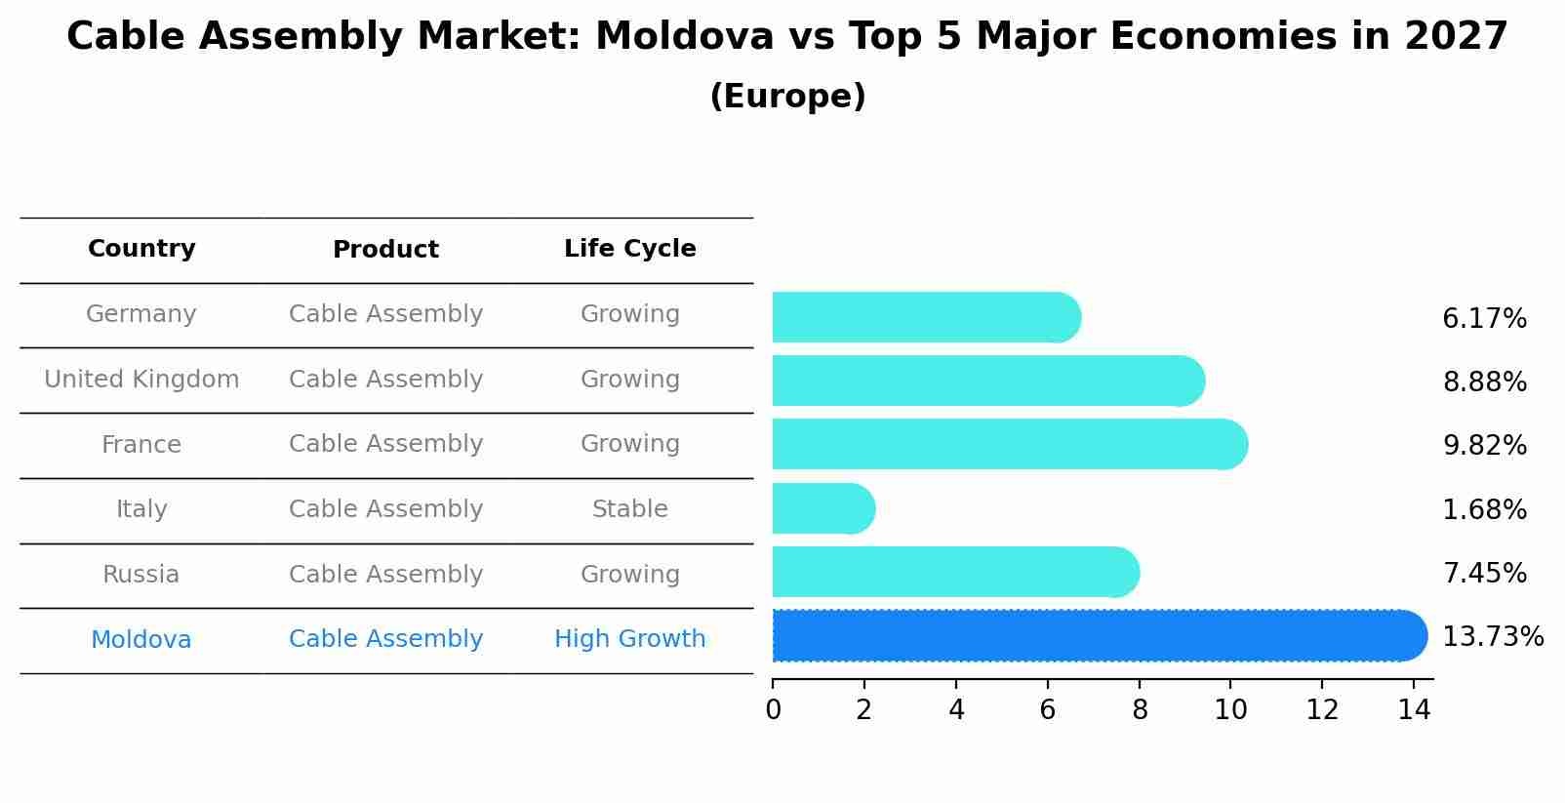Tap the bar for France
(x=1009, y=444)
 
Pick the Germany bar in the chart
(x=925, y=317)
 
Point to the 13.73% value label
(x=1492, y=637)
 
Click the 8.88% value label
(x=1484, y=382)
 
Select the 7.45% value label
(x=1484, y=574)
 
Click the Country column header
(x=141, y=249)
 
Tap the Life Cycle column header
(x=629, y=249)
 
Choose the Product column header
(x=385, y=250)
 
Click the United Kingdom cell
(x=141, y=380)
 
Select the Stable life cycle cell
(x=629, y=509)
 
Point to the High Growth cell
(x=629, y=639)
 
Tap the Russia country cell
(x=141, y=575)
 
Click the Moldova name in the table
(x=141, y=640)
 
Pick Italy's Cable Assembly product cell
(x=385, y=509)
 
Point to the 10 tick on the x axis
(x=1230, y=710)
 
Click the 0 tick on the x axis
(x=774, y=710)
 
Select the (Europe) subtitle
(x=787, y=97)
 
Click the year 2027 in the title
(x=1456, y=37)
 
